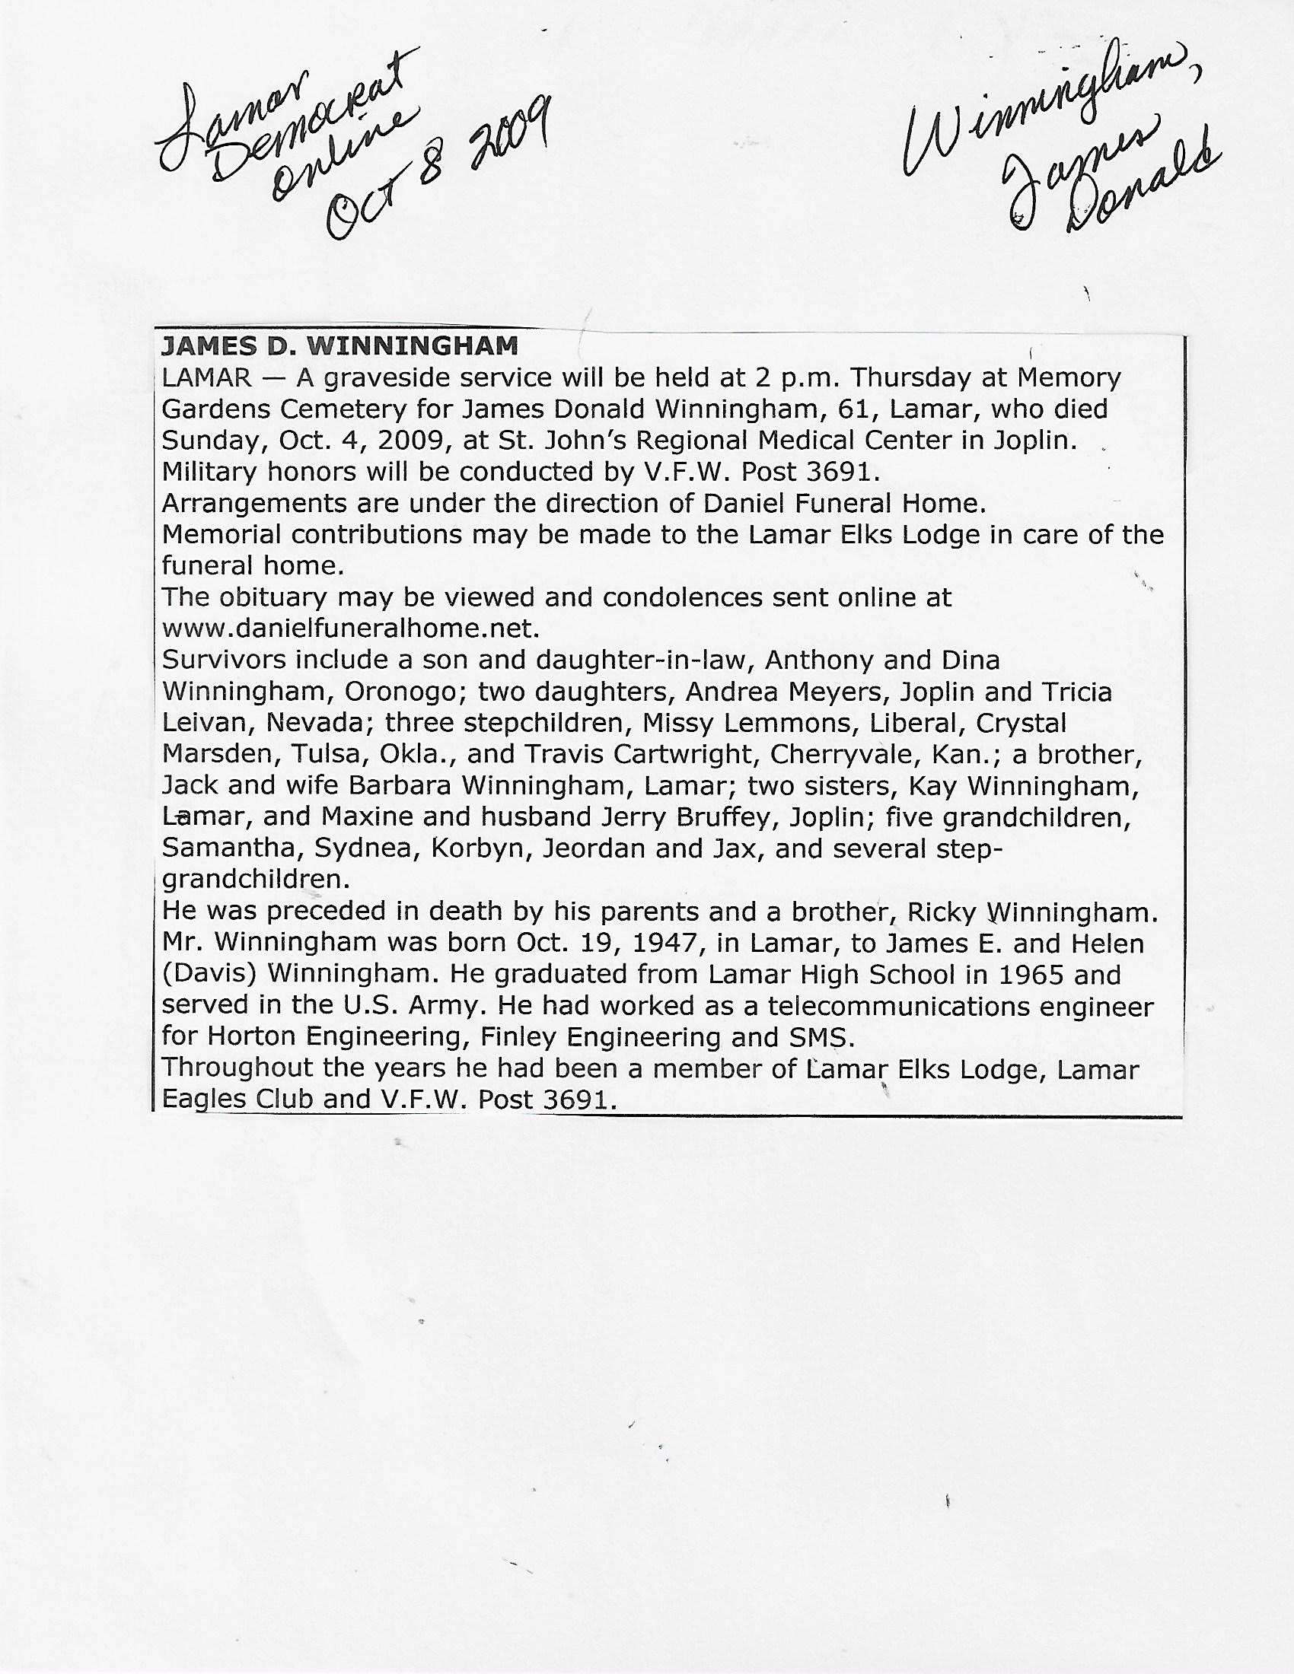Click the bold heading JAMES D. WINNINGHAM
[339, 346]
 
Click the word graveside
[389, 379]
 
